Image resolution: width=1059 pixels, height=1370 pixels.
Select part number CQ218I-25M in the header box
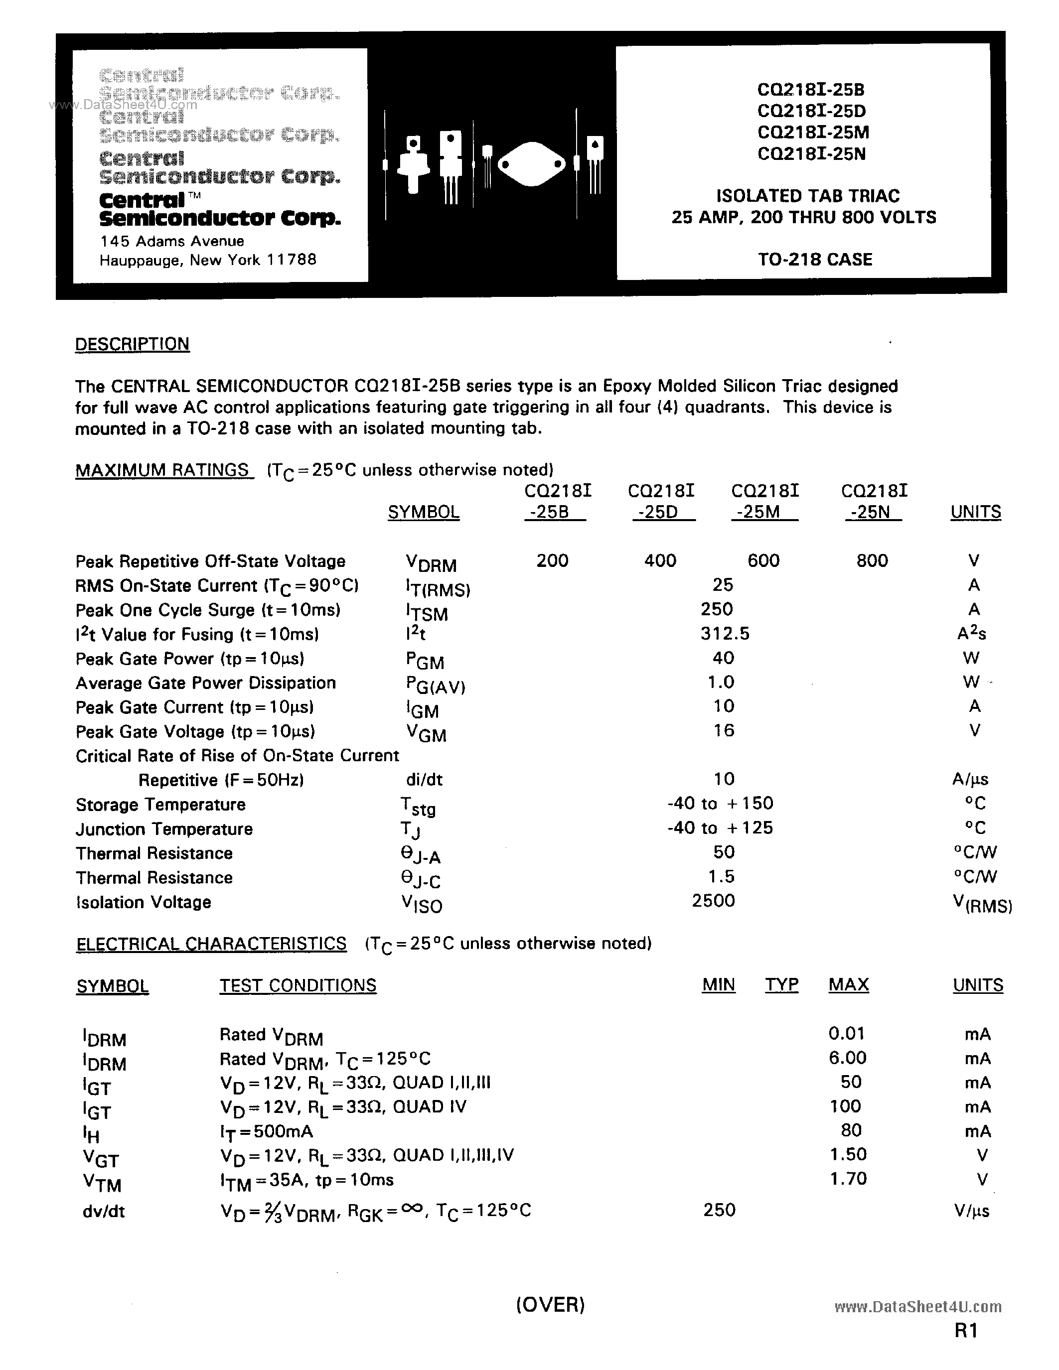coord(812,133)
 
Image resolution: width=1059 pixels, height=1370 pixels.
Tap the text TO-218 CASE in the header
coord(814,260)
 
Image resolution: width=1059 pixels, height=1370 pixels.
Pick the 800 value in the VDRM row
coord(872,560)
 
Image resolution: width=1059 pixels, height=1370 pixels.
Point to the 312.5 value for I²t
coord(725,634)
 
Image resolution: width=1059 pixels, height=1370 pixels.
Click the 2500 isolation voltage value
coord(713,901)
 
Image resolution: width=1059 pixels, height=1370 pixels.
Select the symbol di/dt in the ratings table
coord(424,779)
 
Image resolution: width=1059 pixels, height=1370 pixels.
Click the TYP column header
coord(781,985)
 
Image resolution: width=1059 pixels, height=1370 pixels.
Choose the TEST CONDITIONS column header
coord(298,985)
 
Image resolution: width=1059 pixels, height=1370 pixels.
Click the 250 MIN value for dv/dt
coord(719,1210)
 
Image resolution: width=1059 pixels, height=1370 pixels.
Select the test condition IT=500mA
coord(266,1132)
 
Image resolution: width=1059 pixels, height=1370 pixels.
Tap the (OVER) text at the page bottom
coord(550,1305)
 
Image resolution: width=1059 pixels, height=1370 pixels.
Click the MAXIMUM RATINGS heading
coord(162,470)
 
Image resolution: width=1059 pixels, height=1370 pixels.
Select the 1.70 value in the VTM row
coord(848,1179)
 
